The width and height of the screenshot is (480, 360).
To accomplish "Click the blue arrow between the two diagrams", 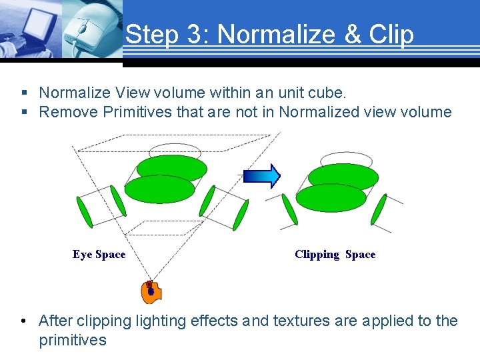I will [x=262, y=176].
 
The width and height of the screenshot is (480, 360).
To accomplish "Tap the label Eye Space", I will [x=99, y=255].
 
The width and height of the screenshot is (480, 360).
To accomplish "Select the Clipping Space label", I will [x=335, y=255].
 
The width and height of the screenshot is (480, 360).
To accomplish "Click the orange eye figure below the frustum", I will [x=151, y=291].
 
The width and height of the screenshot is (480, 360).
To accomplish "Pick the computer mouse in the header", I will [x=87, y=30].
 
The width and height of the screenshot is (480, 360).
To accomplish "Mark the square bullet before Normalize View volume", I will [x=24, y=93].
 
